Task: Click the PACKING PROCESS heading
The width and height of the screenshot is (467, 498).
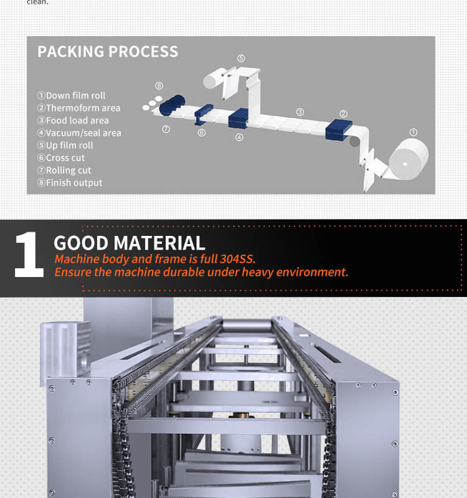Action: tap(108, 52)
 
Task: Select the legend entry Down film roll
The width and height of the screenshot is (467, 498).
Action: tap(71, 95)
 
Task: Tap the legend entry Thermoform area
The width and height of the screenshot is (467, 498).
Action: tap(78, 108)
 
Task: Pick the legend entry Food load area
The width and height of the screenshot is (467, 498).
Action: tap(73, 120)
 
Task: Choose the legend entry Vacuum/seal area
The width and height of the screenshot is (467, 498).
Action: tap(79, 133)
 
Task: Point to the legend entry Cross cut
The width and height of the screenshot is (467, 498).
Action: tap(61, 157)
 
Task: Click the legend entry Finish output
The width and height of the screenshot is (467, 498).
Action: tap(70, 182)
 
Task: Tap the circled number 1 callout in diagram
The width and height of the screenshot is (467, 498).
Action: tap(413, 132)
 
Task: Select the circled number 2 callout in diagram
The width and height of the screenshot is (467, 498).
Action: tap(343, 113)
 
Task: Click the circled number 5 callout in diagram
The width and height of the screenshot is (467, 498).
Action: tap(241, 59)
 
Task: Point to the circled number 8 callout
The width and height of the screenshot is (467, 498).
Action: tap(159, 85)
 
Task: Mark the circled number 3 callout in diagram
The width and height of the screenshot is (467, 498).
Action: tap(300, 112)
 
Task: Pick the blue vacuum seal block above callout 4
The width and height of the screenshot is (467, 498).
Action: tap(239, 117)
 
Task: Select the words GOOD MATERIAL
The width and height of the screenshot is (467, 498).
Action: tap(130, 243)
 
